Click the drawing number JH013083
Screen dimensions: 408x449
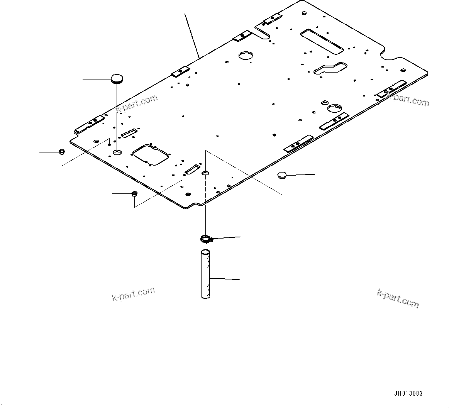pyautogui.click(x=408, y=394)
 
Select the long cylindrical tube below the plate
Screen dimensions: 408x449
pyautogui.click(x=205, y=275)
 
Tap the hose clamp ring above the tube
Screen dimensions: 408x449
pyautogui.click(x=206, y=239)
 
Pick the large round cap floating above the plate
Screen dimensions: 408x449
pyautogui.click(x=117, y=79)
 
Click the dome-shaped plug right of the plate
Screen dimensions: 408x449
pyautogui.click(x=282, y=176)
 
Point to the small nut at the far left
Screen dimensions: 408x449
pyautogui.click(x=61, y=151)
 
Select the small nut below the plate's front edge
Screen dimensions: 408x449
pyautogui.click(x=134, y=193)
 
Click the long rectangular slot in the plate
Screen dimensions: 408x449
pyautogui.click(x=322, y=41)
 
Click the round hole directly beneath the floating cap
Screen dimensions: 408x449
pyautogui.click(x=117, y=153)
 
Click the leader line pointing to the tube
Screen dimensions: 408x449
pyautogui.click(x=225, y=278)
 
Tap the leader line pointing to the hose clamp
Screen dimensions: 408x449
pyautogui.click(x=226, y=238)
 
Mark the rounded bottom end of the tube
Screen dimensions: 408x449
pyautogui.click(x=205, y=296)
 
